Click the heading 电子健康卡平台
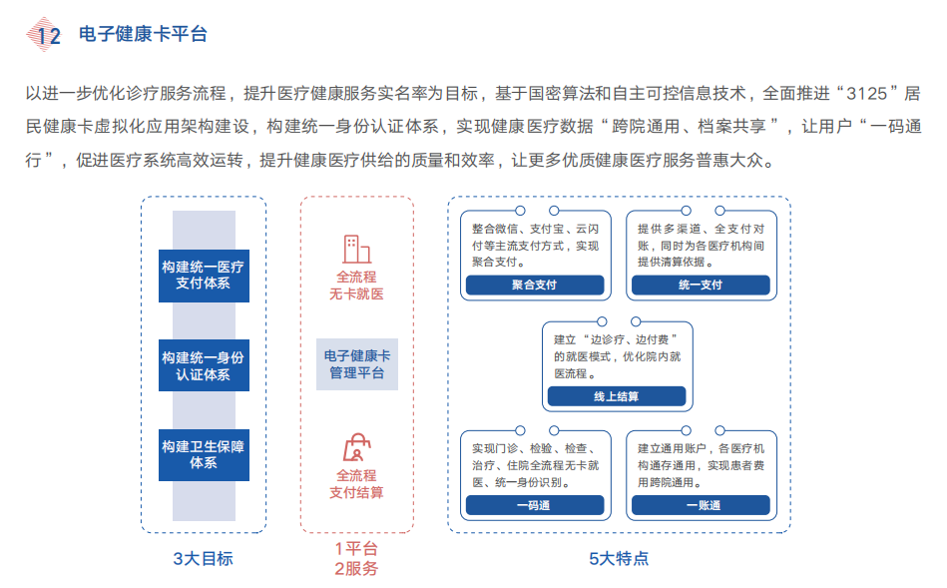pyautogui.click(x=143, y=35)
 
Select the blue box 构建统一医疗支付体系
pyautogui.click(x=203, y=275)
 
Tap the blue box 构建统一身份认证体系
pyautogui.click(x=203, y=365)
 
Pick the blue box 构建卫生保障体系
pyautogui.click(x=203, y=454)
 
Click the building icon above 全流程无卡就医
pyautogui.click(x=356, y=248)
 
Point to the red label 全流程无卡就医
pyautogui.click(x=356, y=285)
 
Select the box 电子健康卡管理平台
pyautogui.click(x=356, y=363)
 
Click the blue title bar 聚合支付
pyautogui.click(x=534, y=285)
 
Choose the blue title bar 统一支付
pyautogui.click(x=700, y=285)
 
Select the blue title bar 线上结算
pyautogui.click(x=616, y=396)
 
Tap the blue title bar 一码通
pyautogui.click(x=534, y=505)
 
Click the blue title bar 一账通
pyautogui.click(x=700, y=505)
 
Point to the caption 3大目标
pyautogui.click(x=203, y=558)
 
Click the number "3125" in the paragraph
pyautogui.click(x=865, y=94)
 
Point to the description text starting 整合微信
pyautogui.click(x=535, y=244)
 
